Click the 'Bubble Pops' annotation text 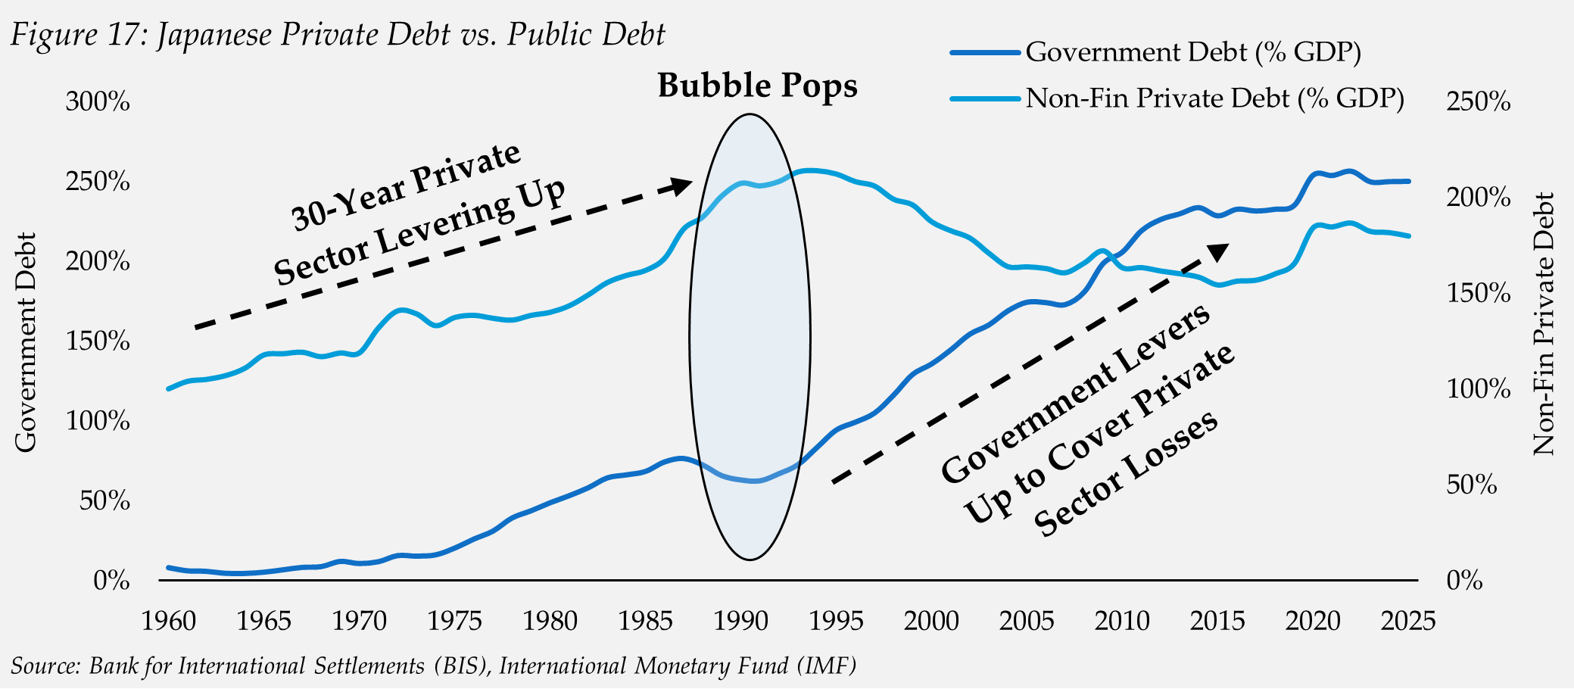757,85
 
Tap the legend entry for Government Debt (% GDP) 1193,52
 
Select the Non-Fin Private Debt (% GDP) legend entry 1214,98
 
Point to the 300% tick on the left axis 98,101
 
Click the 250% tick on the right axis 1478,101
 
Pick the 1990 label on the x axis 741,622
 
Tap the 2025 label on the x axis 1407,622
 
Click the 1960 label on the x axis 169,622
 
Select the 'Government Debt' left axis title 26,342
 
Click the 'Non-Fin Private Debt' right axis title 1543,324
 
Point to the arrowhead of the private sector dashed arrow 684,185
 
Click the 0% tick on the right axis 1464,581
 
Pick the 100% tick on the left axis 98,421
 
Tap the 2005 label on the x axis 1027,622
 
